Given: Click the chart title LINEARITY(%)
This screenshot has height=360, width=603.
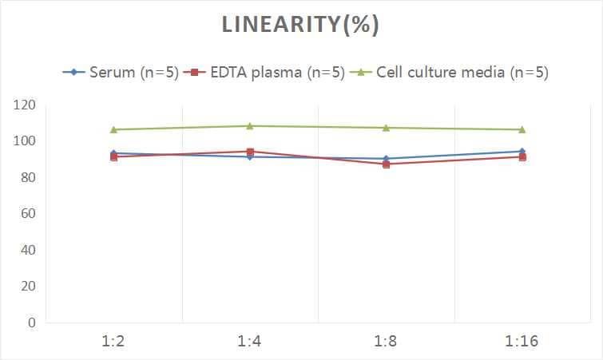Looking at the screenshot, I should click(x=300, y=25).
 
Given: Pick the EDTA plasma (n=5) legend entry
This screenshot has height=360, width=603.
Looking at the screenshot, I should click(x=270, y=73).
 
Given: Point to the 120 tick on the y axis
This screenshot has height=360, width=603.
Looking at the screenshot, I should click(x=24, y=105).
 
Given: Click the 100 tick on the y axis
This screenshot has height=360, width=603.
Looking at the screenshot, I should click(x=24, y=141).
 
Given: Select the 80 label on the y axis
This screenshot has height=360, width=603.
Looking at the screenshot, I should click(x=27, y=177).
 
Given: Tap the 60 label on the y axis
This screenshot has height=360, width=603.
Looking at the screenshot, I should click(x=27, y=214).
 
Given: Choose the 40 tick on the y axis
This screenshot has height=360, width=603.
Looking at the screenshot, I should click(x=27, y=250).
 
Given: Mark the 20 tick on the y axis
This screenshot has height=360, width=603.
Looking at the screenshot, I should click(x=27, y=286).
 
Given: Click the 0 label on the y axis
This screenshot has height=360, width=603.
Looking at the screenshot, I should click(x=31, y=322).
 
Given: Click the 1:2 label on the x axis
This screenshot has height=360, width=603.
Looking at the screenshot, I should click(x=114, y=342).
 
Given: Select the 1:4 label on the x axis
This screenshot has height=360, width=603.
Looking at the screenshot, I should click(x=250, y=342).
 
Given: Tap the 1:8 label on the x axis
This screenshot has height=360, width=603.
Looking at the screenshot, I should click(x=386, y=342).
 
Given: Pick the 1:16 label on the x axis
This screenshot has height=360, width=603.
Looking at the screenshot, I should click(x=522, y=342).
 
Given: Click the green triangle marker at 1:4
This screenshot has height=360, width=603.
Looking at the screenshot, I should click(x=250, y=126).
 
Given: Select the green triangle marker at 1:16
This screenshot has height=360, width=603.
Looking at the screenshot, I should click(x=522, y=129).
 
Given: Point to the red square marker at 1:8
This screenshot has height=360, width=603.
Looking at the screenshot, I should click(x=386, y=164).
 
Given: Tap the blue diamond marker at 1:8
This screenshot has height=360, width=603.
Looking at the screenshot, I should click(x=386, y=159).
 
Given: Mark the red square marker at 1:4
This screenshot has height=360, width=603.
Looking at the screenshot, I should click(x=250, y=152).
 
